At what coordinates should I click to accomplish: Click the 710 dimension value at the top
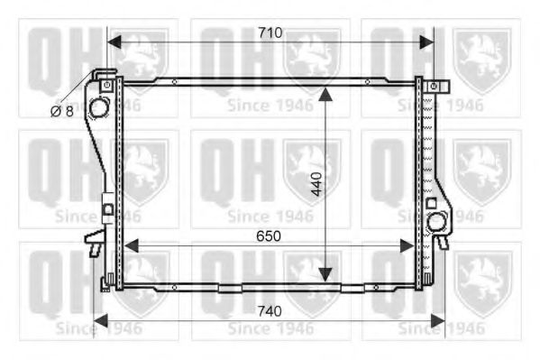[270, 32]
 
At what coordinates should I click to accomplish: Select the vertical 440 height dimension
[315, 185]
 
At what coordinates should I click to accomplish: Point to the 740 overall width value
[270, 310]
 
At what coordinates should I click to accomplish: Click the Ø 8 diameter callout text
[61, 110]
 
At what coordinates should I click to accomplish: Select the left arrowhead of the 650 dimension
[129, 245]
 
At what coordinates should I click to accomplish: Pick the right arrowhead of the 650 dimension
[411, 245]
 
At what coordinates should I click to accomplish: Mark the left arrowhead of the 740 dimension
[99, 319]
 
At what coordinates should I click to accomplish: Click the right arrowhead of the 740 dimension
[439, 319]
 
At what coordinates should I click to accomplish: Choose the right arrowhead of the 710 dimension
[428, 42]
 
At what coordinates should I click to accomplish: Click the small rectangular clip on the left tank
[106, 210]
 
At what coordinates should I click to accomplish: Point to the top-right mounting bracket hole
[434, 86]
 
